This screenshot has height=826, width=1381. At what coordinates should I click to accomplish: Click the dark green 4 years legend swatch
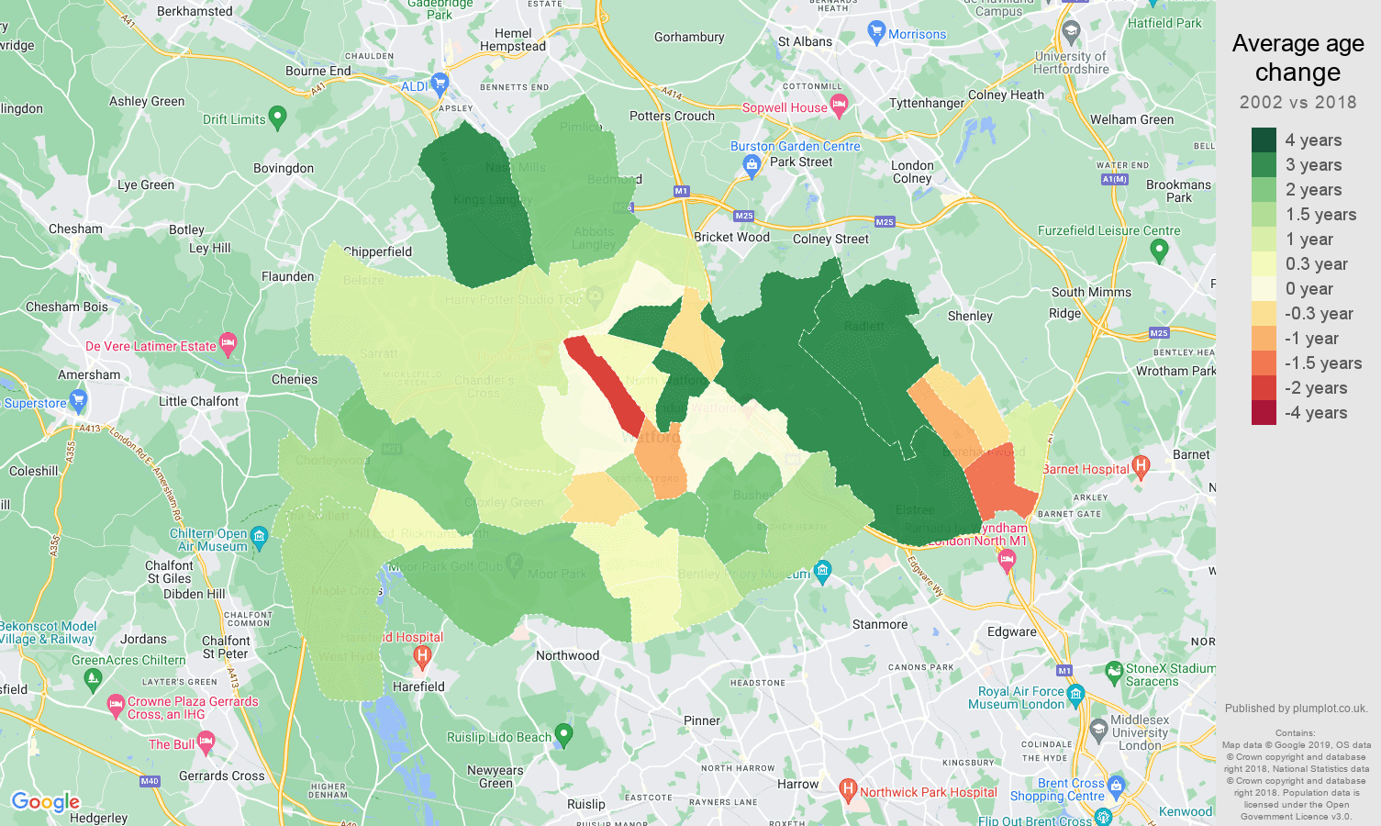tap(1264, 140)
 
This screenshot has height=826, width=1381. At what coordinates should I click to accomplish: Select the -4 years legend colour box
tap(1264, 412)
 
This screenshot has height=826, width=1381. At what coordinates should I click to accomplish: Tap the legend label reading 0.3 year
tap(1316, 264)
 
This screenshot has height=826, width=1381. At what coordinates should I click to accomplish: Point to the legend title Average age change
tap(1297, 58)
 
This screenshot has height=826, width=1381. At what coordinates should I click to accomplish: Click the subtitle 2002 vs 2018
tap(1297, 102)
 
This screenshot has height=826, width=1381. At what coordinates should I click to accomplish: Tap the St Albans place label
tap(805, 41)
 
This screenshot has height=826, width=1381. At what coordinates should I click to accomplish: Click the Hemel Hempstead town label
tap(513, 39)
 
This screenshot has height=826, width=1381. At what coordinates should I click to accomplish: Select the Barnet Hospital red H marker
tap(1141, 466)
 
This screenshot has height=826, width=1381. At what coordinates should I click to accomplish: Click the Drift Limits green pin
tap(278, 117)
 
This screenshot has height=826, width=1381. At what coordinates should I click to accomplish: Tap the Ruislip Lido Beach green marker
tap(564, 734)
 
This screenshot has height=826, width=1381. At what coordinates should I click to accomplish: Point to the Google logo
tap(46, 802)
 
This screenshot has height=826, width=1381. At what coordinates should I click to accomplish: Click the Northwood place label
tap(567, 655)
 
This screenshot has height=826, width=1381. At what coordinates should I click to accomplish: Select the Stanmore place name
tap(879, 624)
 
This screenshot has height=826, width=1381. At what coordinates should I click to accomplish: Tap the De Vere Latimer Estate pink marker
tap(228, 344)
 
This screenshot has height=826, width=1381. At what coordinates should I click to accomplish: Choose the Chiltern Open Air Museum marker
tap(259, 536)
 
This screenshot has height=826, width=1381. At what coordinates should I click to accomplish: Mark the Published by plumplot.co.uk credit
tap(1296, 709)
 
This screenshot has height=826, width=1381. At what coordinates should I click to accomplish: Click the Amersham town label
tap(89, 374)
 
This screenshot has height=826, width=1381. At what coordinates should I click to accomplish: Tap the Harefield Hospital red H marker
tap(422, 654)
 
